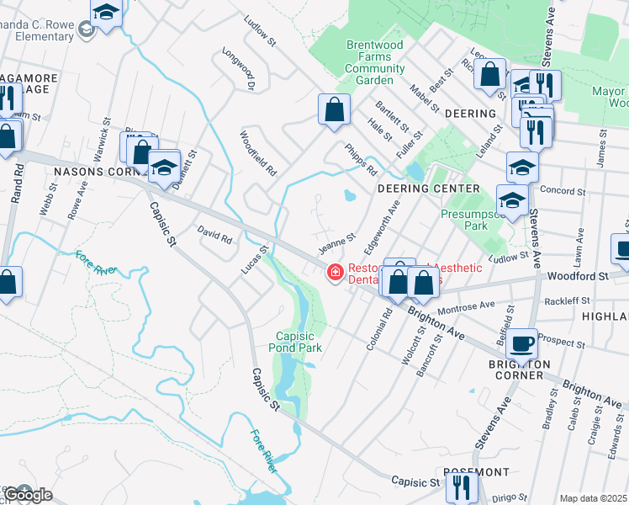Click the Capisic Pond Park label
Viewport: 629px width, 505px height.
click(295, 339)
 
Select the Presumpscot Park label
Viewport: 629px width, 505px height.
click(465, 221)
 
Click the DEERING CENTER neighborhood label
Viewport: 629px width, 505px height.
click(416, 189)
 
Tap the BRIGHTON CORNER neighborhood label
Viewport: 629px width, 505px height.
click(520, 369)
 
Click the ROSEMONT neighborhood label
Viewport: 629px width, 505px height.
click(476, 472)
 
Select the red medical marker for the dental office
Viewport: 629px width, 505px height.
click(335, 272)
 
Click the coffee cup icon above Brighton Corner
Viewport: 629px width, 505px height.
click(521, 343)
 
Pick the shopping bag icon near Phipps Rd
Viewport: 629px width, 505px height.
click(334, 109)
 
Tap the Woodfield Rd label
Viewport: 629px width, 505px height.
click(257, 152)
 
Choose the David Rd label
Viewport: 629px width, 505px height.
click(214, 234)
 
